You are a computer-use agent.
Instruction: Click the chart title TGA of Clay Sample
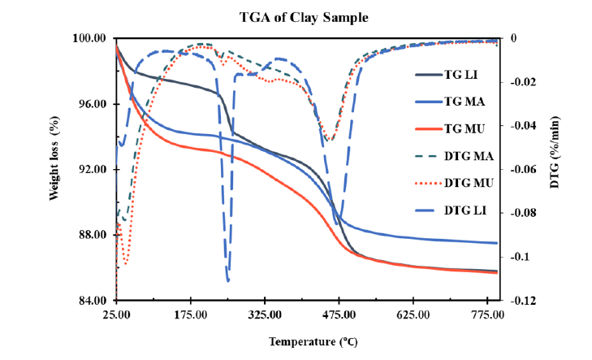[x=296, y=16]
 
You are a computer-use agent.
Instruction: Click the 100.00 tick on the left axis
[x=89, y=39]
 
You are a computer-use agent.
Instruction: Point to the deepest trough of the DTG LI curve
[x=227, y=280]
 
